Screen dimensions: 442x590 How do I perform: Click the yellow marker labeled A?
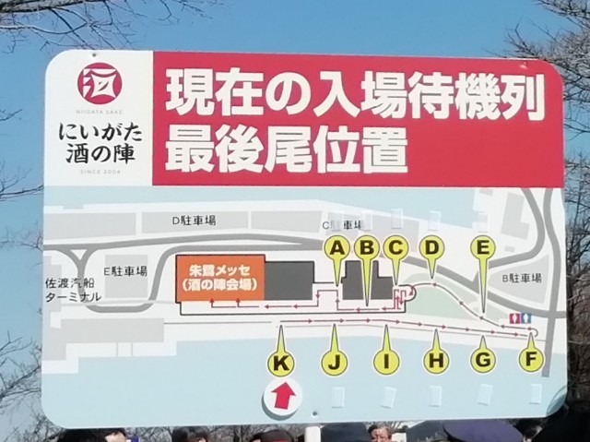(337, 247)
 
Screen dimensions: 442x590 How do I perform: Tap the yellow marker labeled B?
(367, 246)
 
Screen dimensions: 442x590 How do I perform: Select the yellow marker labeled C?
(395, 246)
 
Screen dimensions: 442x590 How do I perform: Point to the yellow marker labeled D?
(431, 246)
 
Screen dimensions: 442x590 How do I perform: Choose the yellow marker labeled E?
(482, 246)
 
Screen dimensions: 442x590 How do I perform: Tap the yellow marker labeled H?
(436, 361)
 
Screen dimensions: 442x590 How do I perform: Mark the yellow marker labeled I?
(386, 362)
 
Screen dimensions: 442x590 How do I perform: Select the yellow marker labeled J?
(334, 362)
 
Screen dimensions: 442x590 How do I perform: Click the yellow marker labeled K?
(280, 364)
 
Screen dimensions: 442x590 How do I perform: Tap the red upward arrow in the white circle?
(283, 396)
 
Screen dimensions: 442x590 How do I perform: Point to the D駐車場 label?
(194, 221)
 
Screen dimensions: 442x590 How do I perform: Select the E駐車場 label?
(125, 271)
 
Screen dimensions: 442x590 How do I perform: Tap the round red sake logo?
(100, 83)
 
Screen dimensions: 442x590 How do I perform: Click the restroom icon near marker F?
(521, 318)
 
